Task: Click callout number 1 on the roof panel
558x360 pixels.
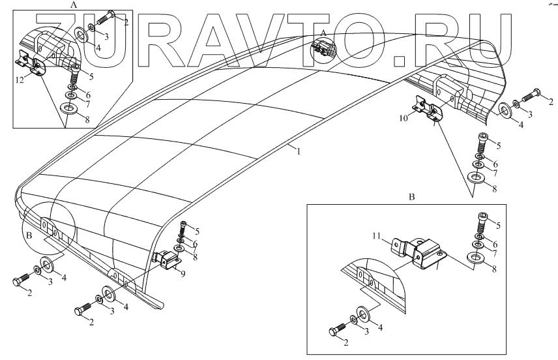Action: (x=299, y=152)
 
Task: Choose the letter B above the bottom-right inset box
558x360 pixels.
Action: (x=411, y=196)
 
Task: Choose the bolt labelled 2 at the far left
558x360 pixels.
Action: (x=21, y=282)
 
